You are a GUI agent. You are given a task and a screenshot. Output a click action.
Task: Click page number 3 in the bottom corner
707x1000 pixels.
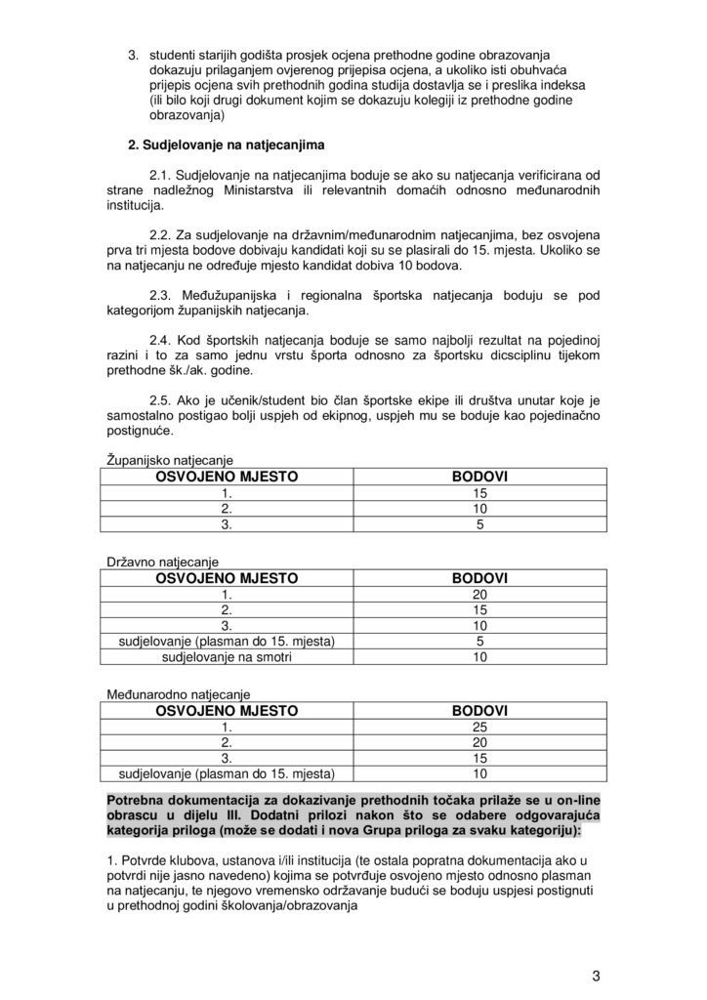click(x=596, y=975)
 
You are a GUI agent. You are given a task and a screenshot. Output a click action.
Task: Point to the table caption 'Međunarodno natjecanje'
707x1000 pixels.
click(x=177, y=694)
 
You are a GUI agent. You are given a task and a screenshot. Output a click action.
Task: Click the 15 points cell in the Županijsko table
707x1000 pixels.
click(x=479, y=493)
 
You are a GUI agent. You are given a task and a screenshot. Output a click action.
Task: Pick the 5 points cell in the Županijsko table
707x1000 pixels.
click(x=479, y=524)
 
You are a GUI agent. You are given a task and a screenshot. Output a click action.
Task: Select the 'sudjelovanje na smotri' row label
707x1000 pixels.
click(x=227, y=657)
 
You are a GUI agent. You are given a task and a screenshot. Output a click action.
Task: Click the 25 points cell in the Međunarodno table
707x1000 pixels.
click(x=479, y=728)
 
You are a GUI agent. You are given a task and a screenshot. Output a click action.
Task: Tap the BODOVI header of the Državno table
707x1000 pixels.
click(x=479, y=578)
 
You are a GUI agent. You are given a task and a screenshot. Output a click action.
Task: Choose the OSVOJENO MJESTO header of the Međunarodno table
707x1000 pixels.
click(x=227, y=711)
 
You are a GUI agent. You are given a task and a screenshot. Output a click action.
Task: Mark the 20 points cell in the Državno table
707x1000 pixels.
click(x=479, y=595)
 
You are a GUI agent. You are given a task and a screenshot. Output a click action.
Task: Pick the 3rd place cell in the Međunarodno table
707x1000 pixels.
click(x=227, y=759)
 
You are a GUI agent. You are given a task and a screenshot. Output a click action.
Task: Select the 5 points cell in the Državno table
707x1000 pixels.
click(x=479, y=642)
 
